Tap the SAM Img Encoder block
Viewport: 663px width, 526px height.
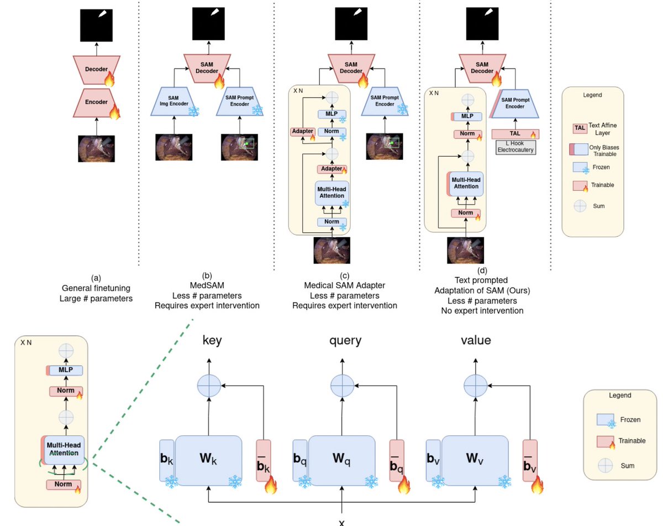tap(175, 101)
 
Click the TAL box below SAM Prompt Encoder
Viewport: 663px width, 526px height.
tap(514, 134)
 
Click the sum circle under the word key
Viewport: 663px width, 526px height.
tap(208, 385)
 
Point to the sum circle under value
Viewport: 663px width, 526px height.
tap(475, 385)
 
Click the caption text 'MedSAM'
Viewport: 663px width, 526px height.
tap(206, 285)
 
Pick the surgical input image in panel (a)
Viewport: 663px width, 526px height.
tap(97, 149)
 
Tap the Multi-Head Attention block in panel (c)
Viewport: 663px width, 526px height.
tap(331, 192)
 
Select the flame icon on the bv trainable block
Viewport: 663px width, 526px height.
tap(536, 485)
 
